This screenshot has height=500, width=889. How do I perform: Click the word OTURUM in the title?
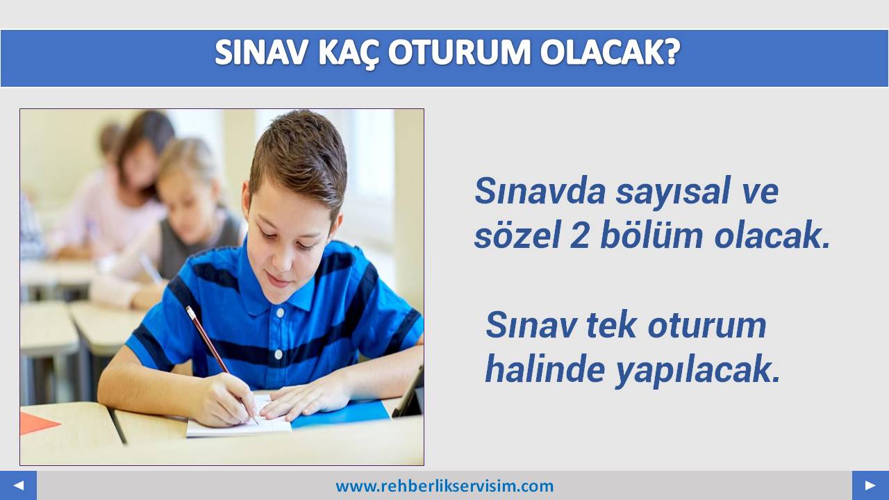[459, 52]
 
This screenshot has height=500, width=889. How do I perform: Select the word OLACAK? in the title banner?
[610, 52]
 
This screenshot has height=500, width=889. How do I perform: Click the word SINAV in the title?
[260, 52]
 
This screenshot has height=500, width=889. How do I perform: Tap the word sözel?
[517, 235]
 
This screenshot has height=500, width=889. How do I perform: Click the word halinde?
[545, 369]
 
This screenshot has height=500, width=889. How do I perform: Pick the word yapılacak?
[697, 372]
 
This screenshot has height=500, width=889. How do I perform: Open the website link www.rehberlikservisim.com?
[444, 486]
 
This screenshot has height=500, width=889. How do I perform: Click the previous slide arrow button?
[18, 485]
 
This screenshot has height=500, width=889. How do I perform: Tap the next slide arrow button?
[870, 485]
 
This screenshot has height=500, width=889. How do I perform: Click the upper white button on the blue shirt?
[281, 313]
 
